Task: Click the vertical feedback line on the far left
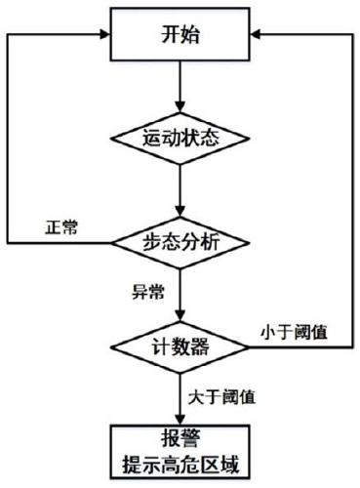click(x=8, y=137)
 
